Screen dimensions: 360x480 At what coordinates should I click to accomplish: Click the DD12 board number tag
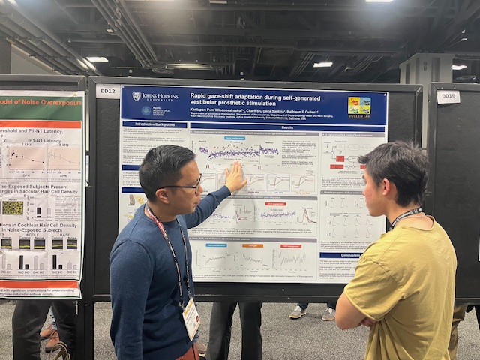click(x=107, y=91)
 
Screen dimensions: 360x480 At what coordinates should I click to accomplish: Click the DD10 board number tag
click(x=448, y=96)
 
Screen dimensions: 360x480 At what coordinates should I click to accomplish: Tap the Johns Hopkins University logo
click(x=154, y=96)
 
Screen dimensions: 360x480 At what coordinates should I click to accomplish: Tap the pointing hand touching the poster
click(x=235, y=178)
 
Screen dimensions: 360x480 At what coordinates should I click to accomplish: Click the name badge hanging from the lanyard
click(x=191, y=318)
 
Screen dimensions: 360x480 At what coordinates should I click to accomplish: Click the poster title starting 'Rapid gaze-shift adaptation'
click(x=259, y=96)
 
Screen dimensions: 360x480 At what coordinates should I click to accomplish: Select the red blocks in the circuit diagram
click(x=340, y=158)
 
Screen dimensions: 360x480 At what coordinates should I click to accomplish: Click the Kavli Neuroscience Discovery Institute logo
click(x=153, y=110)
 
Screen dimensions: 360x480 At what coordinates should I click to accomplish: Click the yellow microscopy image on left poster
click(x=13, y=207)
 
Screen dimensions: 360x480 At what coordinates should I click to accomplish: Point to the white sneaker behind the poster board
click(x=298, y=312)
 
